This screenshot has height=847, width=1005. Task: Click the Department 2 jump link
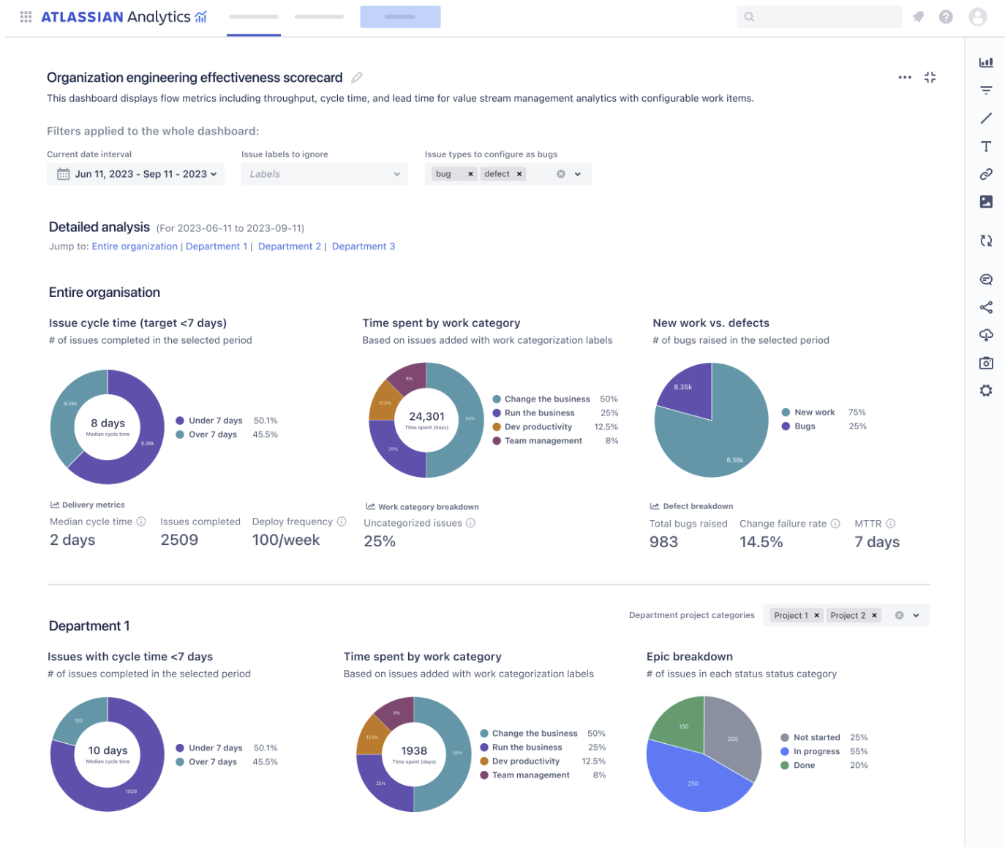coord(289,246)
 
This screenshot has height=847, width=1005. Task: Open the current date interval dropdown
coord(136,174)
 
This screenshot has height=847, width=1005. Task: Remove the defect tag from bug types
coord(519,174)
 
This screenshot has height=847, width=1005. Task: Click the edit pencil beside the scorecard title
coord(357,78)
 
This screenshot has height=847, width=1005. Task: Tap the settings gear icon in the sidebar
coord(986,391)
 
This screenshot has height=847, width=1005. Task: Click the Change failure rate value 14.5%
coord(761,542)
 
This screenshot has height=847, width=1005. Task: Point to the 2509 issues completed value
coord(179,540)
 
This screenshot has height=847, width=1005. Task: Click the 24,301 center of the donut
coord(426,418)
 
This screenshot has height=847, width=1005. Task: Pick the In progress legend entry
coord(816,751)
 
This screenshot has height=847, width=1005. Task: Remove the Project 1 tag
coord(817,615)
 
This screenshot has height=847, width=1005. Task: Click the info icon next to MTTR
coord(891,524)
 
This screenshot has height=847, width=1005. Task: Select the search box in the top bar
coord(819,17)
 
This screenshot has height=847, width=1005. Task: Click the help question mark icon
coord(946,17)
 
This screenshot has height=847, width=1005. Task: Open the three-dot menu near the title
coord(905,78)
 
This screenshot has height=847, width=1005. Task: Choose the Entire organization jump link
coord(135,246)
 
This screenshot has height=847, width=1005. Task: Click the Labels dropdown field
coord(324,174)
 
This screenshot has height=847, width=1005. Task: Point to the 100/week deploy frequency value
coord(286,540)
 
